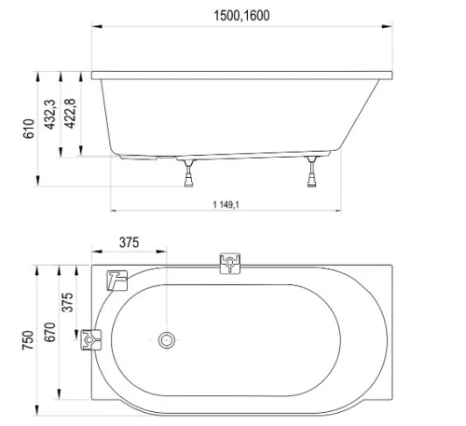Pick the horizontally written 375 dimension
coord(129,242)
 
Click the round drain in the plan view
coord(167,340)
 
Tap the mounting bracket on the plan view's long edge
coord(228,264)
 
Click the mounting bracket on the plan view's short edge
coord(89,340)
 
